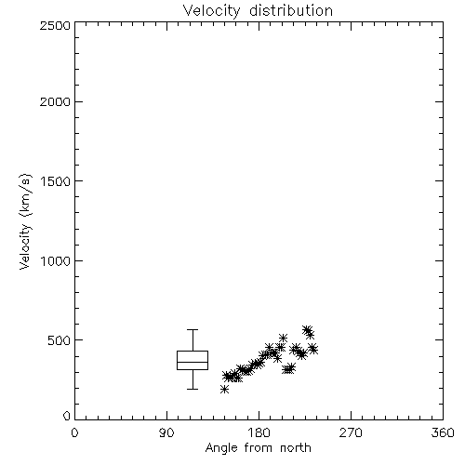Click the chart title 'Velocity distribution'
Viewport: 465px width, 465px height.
coord(258,10)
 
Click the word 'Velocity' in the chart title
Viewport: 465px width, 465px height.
coord(211,11)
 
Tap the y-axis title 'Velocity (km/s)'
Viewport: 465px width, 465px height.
coord(25,221)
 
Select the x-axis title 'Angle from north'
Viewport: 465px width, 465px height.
coord(258,448)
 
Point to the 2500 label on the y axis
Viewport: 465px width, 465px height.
coord(55,25)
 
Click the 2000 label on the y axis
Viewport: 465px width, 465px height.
coord(55,101)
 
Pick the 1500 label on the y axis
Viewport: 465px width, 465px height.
coord(55,181)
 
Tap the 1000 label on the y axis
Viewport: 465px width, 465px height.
coord(55,260)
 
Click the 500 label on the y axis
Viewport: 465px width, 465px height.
coord(59,340)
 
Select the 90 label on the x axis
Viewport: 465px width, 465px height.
coord(166,432)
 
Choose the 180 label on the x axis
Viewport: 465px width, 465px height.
coord(259,432)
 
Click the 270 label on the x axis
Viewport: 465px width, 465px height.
coord(351,432)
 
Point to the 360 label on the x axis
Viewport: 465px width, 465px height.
coord(443,432)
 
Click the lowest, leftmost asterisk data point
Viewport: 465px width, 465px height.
coord(225,389)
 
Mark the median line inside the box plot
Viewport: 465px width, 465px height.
coord(193,362)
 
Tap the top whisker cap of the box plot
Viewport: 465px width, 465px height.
coord(193,329)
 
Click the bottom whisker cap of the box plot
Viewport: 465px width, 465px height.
coord(193,389)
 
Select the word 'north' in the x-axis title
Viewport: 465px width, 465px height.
coord(296,448)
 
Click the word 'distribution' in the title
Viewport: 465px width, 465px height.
coord(291,10)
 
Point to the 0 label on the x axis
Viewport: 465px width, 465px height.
coord(74,432)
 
